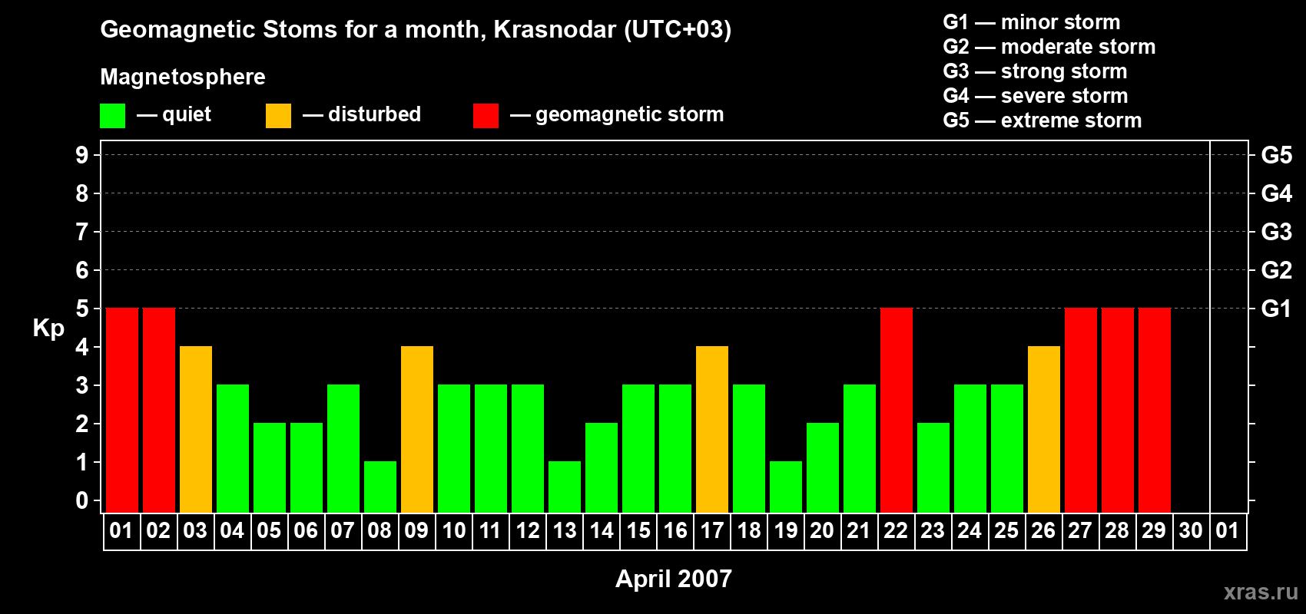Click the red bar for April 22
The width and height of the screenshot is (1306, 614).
[x=896, y=410]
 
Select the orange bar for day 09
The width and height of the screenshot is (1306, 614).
[x=417, y=429]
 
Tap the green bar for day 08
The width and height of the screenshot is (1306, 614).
[x=380, y=487]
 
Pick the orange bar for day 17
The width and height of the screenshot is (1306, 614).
[x=712, y=429]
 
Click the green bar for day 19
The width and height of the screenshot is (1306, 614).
[x=786, y=487]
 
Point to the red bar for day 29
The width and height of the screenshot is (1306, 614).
[x=1155, y=410]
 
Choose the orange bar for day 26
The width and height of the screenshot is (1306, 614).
[x=1043, y=429]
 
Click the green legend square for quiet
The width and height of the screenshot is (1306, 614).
[x=112, y=115]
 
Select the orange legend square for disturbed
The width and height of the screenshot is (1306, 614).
[x=278, y=115]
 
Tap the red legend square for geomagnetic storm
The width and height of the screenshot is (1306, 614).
[x=486, y=115]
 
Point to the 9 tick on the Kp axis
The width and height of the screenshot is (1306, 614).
[x=81, y=155]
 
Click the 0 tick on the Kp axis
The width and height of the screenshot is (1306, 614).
[x=81, y=500]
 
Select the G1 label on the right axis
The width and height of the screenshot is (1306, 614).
[x=1276, y=309]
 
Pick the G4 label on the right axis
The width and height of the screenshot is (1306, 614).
[x=1276, y=193]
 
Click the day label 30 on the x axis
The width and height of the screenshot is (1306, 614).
[x=1191, y=530]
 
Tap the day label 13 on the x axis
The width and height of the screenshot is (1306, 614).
[x=565, y=530]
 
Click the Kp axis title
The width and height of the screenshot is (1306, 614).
[x=48, y=328]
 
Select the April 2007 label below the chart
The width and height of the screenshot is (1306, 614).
[x=674, y=579]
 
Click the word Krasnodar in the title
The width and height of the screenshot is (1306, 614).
[x=555, y=29]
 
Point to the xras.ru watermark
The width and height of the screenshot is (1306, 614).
[x=1261, y=593]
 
